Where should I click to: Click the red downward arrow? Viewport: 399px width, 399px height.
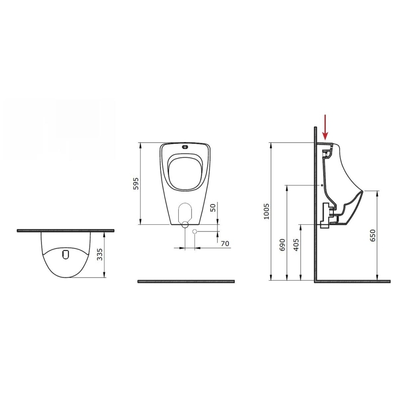pyautogui.click(x=325, y=127)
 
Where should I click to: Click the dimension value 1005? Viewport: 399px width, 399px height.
pyautogui.click(x=266, y=211)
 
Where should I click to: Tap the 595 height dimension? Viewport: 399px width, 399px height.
pyautogui.click(x=136, y=183)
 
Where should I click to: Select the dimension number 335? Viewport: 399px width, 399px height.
pyautogui.click(x=100, y=254)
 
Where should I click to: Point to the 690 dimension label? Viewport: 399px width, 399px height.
pyautogui.click(x=282, y=245)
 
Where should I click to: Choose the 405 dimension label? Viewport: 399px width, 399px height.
pyautogui.click(x=296, y=245)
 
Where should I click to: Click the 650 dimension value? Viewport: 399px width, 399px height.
pyautogui.click(x=372, y=235)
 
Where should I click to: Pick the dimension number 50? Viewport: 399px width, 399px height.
pyautogui.click(x=213, y=207)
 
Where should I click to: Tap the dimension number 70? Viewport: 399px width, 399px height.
pyautogui.click(x=225, y=243)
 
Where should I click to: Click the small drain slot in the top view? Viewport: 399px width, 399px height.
pyautogui.click(x=66, y=255)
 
